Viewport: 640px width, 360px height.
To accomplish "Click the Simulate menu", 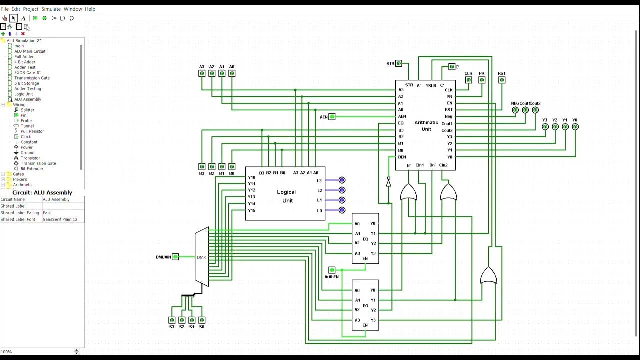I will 51,9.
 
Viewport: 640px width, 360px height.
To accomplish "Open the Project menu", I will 31,9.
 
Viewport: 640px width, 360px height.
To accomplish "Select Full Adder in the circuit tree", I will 24,57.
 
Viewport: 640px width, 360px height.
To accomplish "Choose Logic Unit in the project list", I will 23,94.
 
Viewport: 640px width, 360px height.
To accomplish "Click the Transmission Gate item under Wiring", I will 38,163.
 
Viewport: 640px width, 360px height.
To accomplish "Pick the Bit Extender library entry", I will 32,169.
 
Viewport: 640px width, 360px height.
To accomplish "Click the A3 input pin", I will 202,73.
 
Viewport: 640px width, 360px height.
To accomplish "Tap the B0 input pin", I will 232,167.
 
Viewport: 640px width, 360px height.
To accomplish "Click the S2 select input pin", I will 182,320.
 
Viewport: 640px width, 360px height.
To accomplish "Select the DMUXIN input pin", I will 175,257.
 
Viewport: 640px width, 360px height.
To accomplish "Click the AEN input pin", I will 332,117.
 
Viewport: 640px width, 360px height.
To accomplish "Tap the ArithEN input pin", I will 332,270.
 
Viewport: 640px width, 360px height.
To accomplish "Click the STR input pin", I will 398,63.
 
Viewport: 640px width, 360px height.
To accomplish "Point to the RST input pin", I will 502,80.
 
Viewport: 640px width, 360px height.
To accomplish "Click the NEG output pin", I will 515,110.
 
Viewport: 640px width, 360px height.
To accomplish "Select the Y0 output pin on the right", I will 575,127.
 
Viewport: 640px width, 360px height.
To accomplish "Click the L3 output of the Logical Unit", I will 342,180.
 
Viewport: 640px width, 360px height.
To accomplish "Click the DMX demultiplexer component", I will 201,257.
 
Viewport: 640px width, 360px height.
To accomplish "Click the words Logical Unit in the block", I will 286,196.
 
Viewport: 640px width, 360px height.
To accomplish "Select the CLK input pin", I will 468,80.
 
